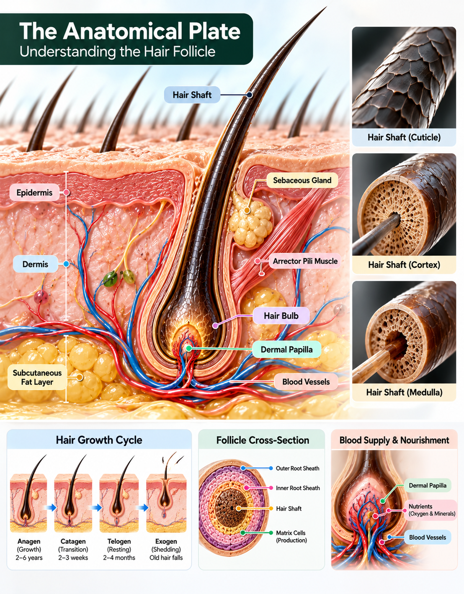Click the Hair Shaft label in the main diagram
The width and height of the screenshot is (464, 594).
point(192,95)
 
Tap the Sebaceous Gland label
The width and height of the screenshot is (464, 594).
point(302,180)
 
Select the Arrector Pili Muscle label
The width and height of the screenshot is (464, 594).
point(305,261)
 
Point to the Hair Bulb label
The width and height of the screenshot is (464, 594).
point(281,316)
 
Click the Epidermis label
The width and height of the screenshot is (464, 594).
point(34,193)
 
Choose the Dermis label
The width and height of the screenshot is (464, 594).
point(35,264)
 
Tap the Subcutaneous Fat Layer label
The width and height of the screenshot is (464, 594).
point(37,377)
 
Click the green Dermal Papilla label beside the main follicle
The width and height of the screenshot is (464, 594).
point(286,350)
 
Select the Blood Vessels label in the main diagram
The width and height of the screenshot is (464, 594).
point(306,382)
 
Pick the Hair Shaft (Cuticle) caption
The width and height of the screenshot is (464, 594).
point(404,137)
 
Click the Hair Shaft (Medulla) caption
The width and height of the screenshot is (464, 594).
point(404,392)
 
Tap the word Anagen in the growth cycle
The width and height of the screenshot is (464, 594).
point(29,541)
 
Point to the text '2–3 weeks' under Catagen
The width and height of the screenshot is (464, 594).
point(73,558)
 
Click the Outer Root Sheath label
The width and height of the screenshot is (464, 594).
point(297,468)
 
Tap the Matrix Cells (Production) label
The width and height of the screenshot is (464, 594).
point(291,537)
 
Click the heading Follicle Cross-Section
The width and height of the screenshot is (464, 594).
point(263,440)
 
